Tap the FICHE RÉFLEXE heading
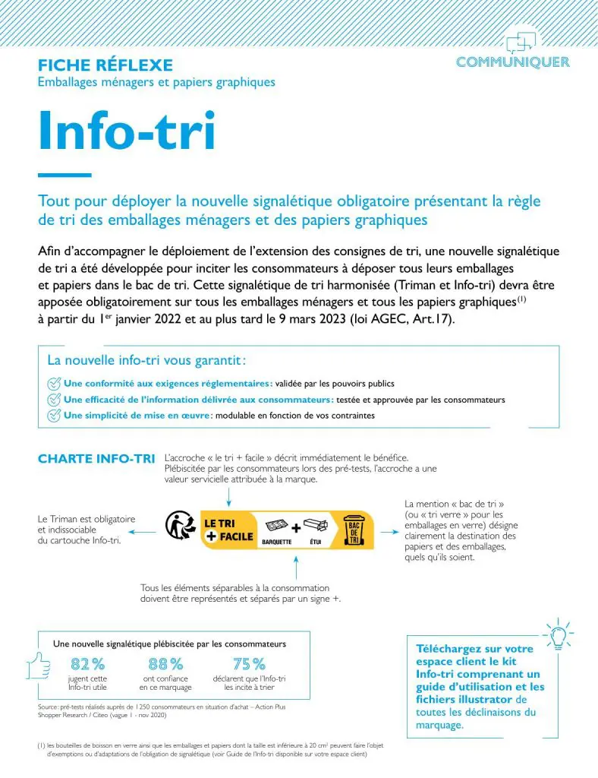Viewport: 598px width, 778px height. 105,65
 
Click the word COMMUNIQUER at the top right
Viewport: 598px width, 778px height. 513,62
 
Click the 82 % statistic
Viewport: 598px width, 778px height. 87,664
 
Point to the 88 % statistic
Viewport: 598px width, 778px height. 165,664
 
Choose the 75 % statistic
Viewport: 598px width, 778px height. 249,664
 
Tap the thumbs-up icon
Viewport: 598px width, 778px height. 39,667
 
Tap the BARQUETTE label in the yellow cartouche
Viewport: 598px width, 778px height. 277,542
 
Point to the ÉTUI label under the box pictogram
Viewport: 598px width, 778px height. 316,542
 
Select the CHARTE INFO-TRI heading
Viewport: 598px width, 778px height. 96,459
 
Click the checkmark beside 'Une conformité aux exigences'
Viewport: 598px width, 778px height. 54,383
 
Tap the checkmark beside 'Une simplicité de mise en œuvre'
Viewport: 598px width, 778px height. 54,415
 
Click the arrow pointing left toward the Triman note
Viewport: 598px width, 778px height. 148,531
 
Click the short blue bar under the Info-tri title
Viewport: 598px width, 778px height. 65,176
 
